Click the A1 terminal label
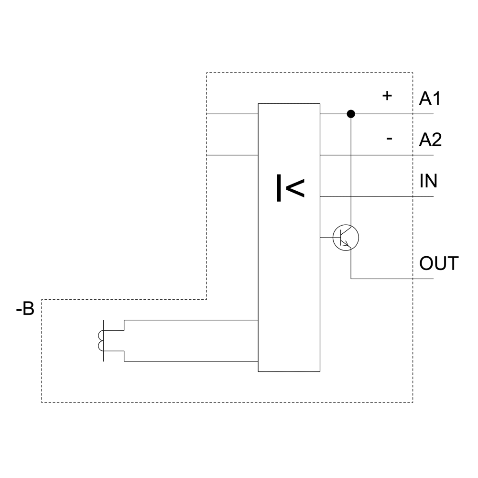(x=430, y=98)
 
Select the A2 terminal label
(x=430, y=140)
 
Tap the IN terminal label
(x=428, y=181)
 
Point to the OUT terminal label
(x=439, y=263)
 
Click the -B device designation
(x=25, y=310)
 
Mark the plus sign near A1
(x=387, y=96)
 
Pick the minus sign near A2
(x=389, y=139)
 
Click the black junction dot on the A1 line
(x=351, y=114)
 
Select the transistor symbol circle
(x=346, y=237)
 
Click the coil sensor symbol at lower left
(x=101, y=340)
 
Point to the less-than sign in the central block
(x=295, y=188)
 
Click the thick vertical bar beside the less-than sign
(x=279, y=188)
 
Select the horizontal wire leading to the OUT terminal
(x=392, y=279)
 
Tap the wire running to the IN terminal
(x=378, y=196)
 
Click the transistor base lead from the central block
(x=327, y=237)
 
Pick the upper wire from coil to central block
(x=191, y=320)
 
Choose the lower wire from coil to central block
(x=191, y=361)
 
